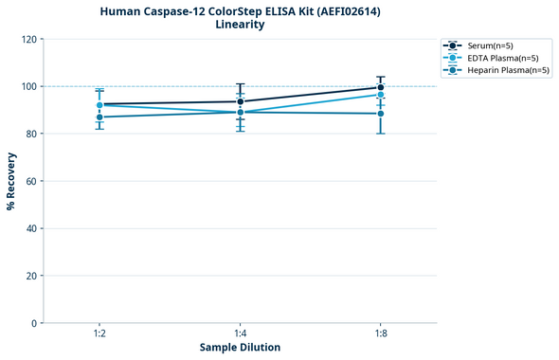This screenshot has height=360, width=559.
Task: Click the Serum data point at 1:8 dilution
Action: pos(380,87)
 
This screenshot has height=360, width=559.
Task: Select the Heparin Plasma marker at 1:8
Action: pos(380,114)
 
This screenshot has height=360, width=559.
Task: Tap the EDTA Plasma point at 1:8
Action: pos(380,95)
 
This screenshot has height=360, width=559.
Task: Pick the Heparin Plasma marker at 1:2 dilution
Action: pos(99,117)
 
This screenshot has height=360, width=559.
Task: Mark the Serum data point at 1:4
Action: pos(240,101)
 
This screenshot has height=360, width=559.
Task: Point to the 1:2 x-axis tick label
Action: pos(99,334)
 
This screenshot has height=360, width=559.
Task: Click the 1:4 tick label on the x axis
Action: pos(240,334)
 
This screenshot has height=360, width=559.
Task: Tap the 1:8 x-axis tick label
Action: pos(380,334)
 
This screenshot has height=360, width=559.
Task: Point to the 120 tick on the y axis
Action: pos(28,39)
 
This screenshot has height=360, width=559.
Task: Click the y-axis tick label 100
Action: pos(28,86)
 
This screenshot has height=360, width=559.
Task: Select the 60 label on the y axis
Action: pos(31,181)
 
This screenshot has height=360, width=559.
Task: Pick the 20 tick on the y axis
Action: pos(31,276)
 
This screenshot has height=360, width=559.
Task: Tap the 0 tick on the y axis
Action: pos(34,323)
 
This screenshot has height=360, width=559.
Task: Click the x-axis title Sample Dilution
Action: pos(240,348)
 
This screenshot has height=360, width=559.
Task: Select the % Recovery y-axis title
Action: pos(11,181)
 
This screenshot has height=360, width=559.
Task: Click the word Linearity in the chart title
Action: pos(240,25)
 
